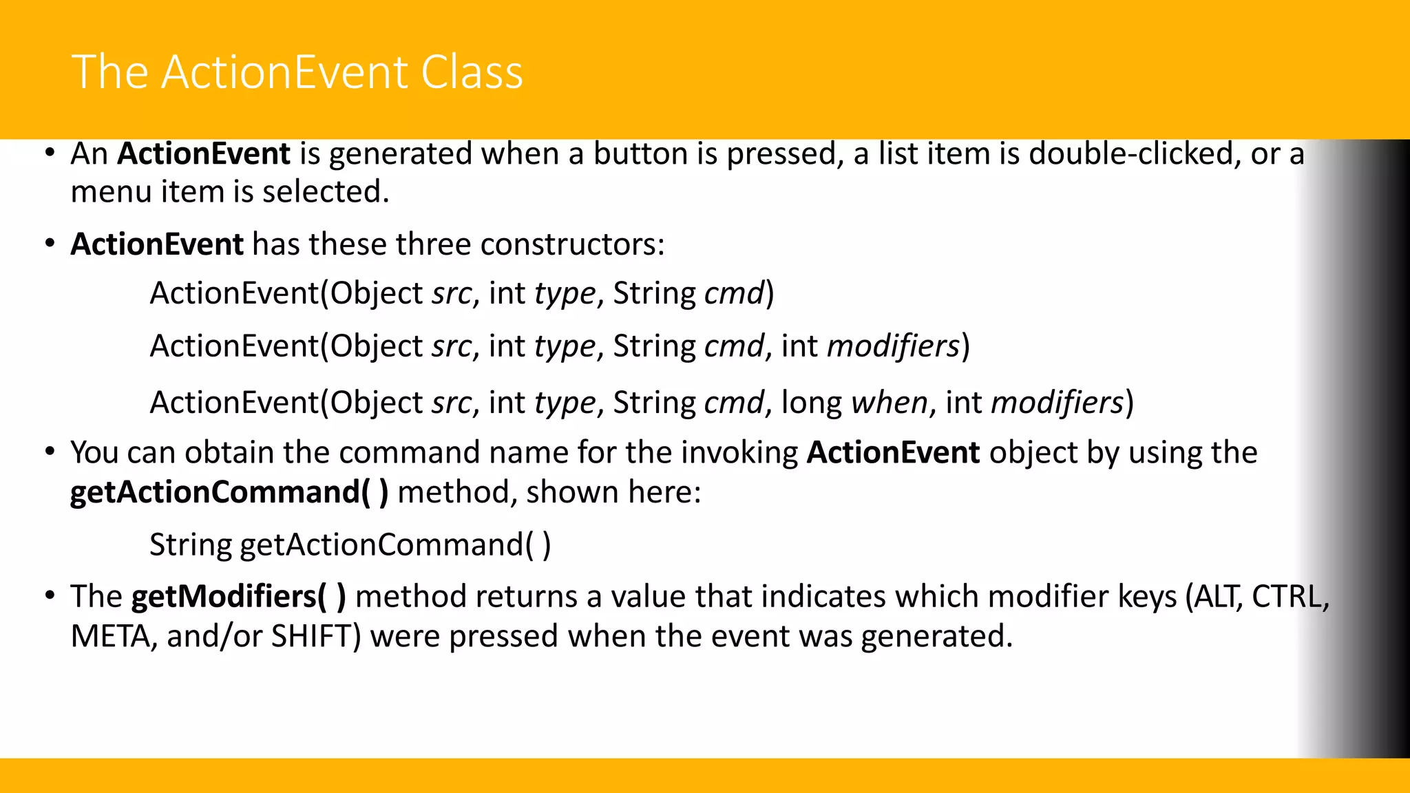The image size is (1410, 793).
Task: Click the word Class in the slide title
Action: (x=472, y=72)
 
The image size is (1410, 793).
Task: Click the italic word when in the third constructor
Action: (x=890, y=403)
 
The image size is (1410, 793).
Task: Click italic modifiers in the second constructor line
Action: (x=893, y=346)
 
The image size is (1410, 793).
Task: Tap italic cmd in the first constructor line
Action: (x=735, y=294)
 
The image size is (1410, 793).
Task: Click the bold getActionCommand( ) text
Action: (x=229, y=493)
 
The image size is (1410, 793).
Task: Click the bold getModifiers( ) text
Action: (x=238, y=597)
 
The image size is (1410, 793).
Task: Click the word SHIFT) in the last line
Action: (x=316, y=637)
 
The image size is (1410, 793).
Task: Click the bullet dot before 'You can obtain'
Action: (x=50, y=452)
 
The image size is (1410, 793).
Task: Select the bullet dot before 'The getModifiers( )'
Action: (x=50, y=595)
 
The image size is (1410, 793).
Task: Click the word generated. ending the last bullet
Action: (x=936, y=637)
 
